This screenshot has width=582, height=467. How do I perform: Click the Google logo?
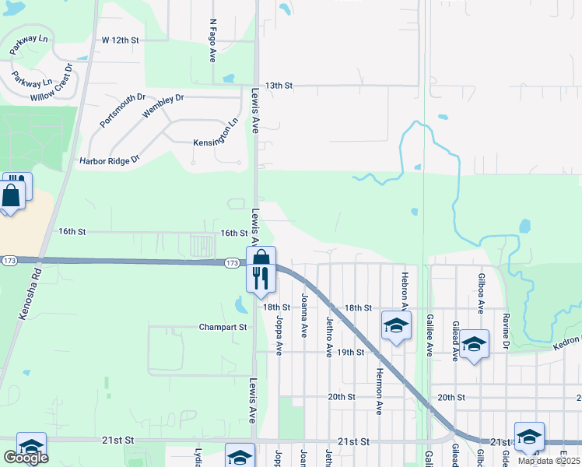click(x=26, y=458)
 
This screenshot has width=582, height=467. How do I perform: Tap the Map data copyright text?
click(x=549, y=461)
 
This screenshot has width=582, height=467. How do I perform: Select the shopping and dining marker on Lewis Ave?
click(x=261, y=268)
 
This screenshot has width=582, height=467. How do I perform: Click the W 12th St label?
click(x=120, y=39)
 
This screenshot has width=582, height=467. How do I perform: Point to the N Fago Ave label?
click(x=212, y=40)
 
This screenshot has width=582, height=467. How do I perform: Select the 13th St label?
click(x=278, y=85)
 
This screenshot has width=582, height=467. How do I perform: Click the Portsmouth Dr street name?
click(x=122, y=111)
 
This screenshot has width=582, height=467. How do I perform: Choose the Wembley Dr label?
click(x=163, y=105)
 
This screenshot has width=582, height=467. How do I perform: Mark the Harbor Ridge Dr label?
click(x=109, y=160)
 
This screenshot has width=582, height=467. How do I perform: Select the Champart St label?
click(x=223, y=327)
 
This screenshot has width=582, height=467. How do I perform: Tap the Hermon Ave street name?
click(x=380, y=391)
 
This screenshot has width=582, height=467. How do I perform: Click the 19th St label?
click(x=351, y=352)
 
